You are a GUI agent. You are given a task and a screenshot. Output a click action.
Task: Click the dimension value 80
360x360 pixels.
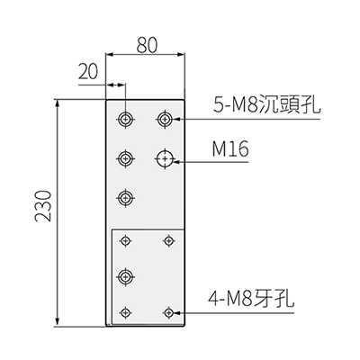click(x=147, y=46)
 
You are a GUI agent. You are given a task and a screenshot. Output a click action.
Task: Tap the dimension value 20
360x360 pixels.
click(x=88, y=72)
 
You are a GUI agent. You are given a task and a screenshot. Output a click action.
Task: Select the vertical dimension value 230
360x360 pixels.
click(x=43, y=206)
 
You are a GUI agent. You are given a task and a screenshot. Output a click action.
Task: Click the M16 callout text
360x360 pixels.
click(x=230, y=149)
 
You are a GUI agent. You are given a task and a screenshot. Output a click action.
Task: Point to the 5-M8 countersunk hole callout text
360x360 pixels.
click(x=266, y=104)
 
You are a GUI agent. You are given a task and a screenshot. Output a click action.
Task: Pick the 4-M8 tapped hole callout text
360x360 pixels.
click(x=251, y=299)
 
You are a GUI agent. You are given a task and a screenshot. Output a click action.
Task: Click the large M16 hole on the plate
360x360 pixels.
click(x=165, y=158)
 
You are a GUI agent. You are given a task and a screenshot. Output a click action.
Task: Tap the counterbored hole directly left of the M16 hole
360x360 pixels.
click(x=126, y=158)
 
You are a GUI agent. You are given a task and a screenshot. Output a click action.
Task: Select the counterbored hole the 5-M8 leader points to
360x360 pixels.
click(x=165, y=119)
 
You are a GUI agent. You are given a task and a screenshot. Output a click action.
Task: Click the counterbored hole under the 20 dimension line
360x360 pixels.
click(x=126, y=119)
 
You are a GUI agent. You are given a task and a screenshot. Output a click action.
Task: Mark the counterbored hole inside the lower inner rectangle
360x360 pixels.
click(x=126, y=276)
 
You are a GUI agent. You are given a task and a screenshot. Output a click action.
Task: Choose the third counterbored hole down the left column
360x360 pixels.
click(x=126, y=197)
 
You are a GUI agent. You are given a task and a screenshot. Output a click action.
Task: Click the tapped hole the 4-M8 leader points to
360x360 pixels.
click(x=169, y=312)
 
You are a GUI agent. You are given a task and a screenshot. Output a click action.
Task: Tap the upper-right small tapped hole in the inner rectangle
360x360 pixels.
click(x=169, y=240)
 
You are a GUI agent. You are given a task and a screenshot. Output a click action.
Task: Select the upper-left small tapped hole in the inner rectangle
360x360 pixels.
click(x=126, y=240)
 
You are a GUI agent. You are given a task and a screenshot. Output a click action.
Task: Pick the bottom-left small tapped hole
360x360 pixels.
click(x=126, y=312)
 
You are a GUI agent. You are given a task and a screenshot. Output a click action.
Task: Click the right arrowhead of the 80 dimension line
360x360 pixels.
click(x=181, y=55)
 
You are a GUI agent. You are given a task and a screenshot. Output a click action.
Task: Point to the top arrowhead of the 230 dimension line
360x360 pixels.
click(x=58, y=103)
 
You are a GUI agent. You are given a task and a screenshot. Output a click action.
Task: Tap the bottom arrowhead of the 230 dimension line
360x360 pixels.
click(x=58, y=322)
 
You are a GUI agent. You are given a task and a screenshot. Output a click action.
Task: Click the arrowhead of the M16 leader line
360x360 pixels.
click(x=176, y=162)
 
